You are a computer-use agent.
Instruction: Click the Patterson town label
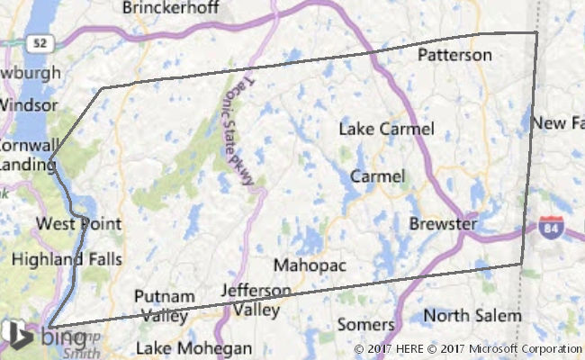(x=454, y=55)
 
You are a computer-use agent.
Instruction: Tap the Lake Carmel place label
(x=386, y=129)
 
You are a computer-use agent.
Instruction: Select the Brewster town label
(x=443, y=222)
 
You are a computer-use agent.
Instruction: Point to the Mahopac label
(x=310, y=265)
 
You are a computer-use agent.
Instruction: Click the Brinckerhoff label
(x=170, y=8)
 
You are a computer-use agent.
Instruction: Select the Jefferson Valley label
(x=256, y=300)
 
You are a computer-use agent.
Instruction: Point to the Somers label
(x=365, y=324)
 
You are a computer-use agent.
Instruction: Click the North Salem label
(x=472, y=316)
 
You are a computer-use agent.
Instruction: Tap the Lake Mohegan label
(x=193, y=348)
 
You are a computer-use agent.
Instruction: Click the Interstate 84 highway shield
(x=552, y=229)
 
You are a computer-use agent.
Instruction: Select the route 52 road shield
(x=37, y=42)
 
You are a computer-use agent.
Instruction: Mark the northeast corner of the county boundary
(x=536, y=32)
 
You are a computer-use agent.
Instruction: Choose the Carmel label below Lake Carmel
(x=377, y=175)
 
